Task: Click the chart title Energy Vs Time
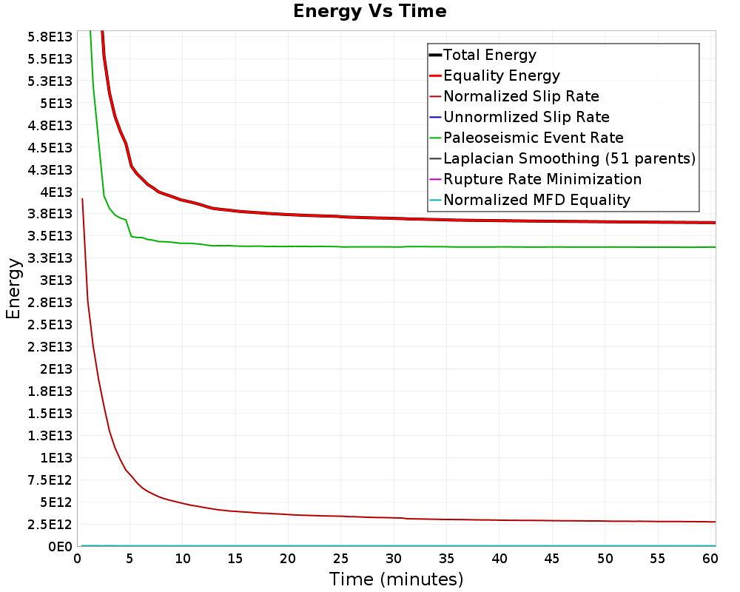pos(369,11)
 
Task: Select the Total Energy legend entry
pos(489,55)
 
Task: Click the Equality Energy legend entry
pos(501,75)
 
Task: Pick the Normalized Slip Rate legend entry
pos(521,96)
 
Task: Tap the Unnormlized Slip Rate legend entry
pos(526,117)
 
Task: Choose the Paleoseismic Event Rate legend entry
pos(533,138)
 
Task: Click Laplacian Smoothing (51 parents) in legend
pos(569,158)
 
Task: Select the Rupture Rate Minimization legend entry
pos(542,179)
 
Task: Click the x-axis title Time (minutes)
pos(396,579)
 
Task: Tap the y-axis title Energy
pos(13,289)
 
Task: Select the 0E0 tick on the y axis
pos(60,547)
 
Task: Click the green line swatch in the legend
pos(435,138)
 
